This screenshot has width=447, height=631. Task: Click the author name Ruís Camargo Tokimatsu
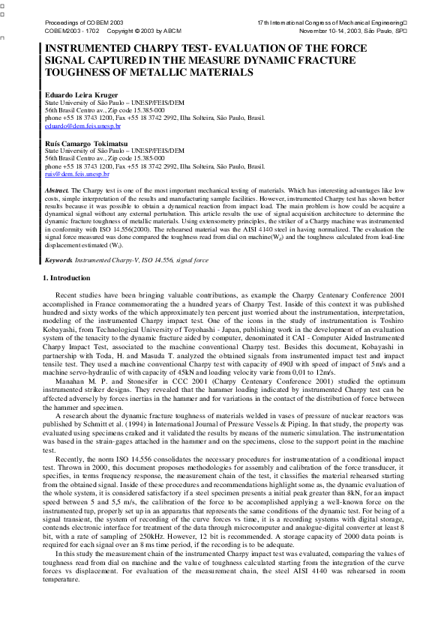point(85,142)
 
